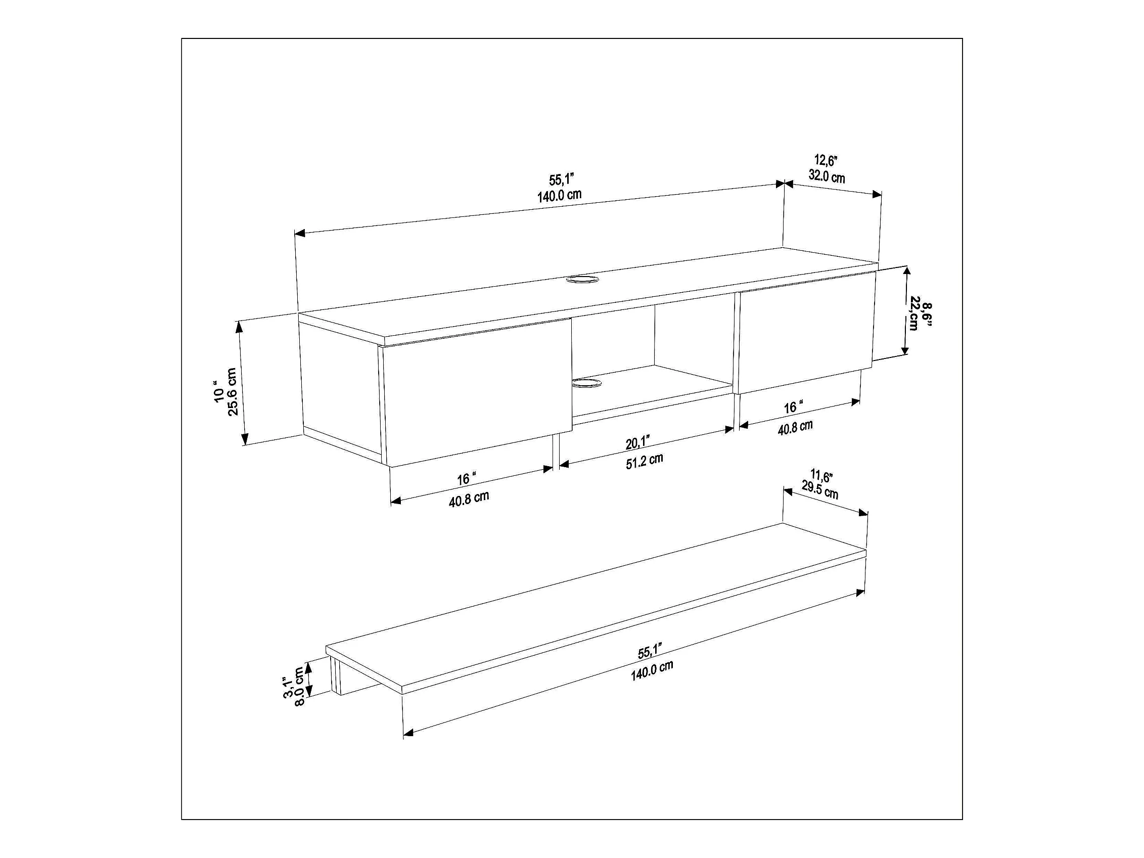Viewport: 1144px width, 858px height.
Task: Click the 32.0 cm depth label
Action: pyautogui.click(x=827, y=177)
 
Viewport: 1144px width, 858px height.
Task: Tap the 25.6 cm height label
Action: pyautogui.click(x=232, y=391)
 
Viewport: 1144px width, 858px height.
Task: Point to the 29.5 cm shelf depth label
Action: pyautogui.click(x=820, y=490)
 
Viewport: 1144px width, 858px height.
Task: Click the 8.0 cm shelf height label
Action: pyautogui.click(x=299, y=687)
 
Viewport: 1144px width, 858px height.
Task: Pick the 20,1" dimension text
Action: pyautogui.click(x=637, y=443)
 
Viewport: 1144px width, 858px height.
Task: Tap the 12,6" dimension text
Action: pyautogui.click(x=826, y=160)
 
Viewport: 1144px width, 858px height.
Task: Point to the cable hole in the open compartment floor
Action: pyautogui.click(x=587, y=383)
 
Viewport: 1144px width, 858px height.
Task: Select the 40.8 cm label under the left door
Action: pyautogui.click(x=469, y=499)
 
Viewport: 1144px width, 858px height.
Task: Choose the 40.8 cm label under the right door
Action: pyautogui.click(x=795, y=427)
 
